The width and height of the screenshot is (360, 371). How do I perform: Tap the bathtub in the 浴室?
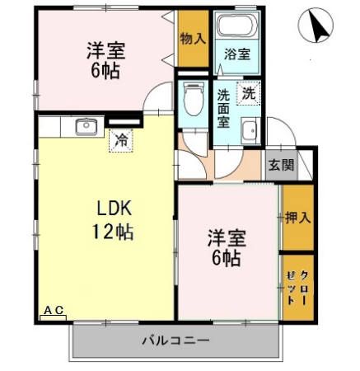[x=236, y=26]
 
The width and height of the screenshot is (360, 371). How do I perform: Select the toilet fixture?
[x=193, y=101]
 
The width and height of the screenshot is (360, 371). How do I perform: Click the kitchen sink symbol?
[x=84, y=126]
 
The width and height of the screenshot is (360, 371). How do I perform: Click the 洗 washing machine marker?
[x=248, y=93]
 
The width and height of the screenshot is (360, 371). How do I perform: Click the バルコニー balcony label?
[x=175, y=338]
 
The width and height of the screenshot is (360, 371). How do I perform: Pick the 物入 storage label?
[x=192, y=39]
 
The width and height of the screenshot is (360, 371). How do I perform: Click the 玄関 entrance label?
[x=281, y=163]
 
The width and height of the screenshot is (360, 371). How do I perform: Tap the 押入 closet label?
[x=297, y=218]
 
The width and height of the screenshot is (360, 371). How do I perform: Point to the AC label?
[x=54, y=309]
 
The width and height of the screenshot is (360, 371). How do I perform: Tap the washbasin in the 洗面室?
[x=250, y=129]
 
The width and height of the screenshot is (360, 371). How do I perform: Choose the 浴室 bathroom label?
[x=237, y=54]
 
